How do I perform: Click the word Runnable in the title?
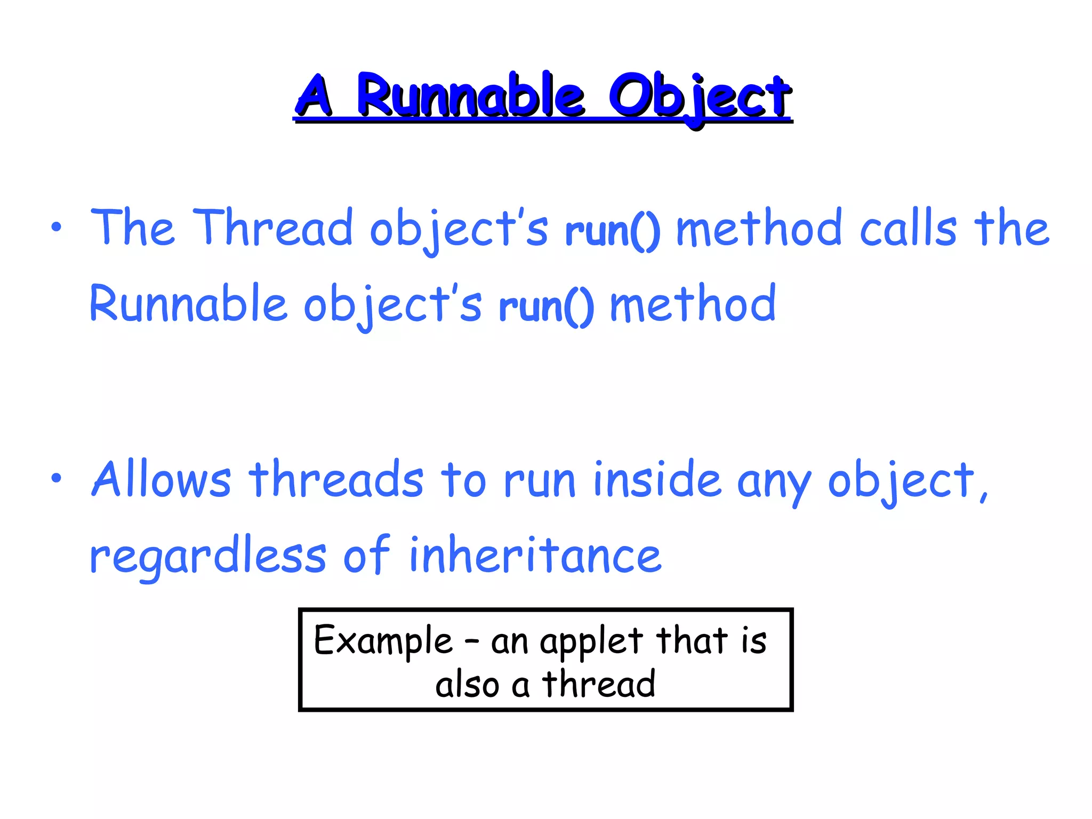[471, 96]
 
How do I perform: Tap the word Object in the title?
[700, 98]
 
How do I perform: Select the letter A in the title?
[315, 96]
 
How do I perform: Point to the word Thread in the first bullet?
[273, 228]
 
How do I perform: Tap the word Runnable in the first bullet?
[188, 304]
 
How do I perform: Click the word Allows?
[162, 479]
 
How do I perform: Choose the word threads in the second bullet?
[336, 479]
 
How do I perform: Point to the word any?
[774, 483]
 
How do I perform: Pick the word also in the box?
[467, 685]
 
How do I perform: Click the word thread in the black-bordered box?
[599, 684]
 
